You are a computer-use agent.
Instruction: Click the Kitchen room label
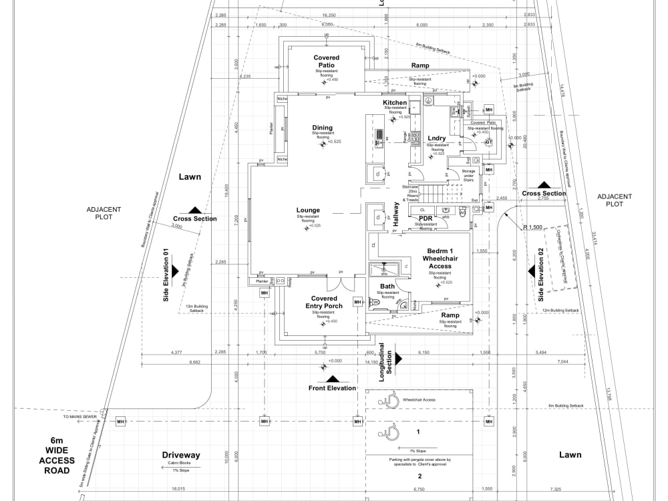coord(399,103)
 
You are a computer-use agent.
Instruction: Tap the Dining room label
coord(322,128)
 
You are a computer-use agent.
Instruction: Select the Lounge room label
coord(308,210)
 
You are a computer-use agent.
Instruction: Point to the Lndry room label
coord(437,138)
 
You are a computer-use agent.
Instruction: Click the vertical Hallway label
coord(396,214)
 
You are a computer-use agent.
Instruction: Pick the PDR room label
coord(426,218)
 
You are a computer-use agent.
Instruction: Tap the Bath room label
coord(387,287)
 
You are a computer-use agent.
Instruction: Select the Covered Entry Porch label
coord(327,302)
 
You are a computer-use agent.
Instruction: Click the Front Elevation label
coord(332,388)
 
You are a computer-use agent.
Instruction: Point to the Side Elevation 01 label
coord(166,275)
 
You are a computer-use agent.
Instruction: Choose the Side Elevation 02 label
coord(541,275)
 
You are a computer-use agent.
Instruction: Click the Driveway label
coord(181,455)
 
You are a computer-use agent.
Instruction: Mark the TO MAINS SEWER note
coord(80,416)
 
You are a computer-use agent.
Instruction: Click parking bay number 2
coord(420,476)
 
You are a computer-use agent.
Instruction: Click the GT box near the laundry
coord(488,142)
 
